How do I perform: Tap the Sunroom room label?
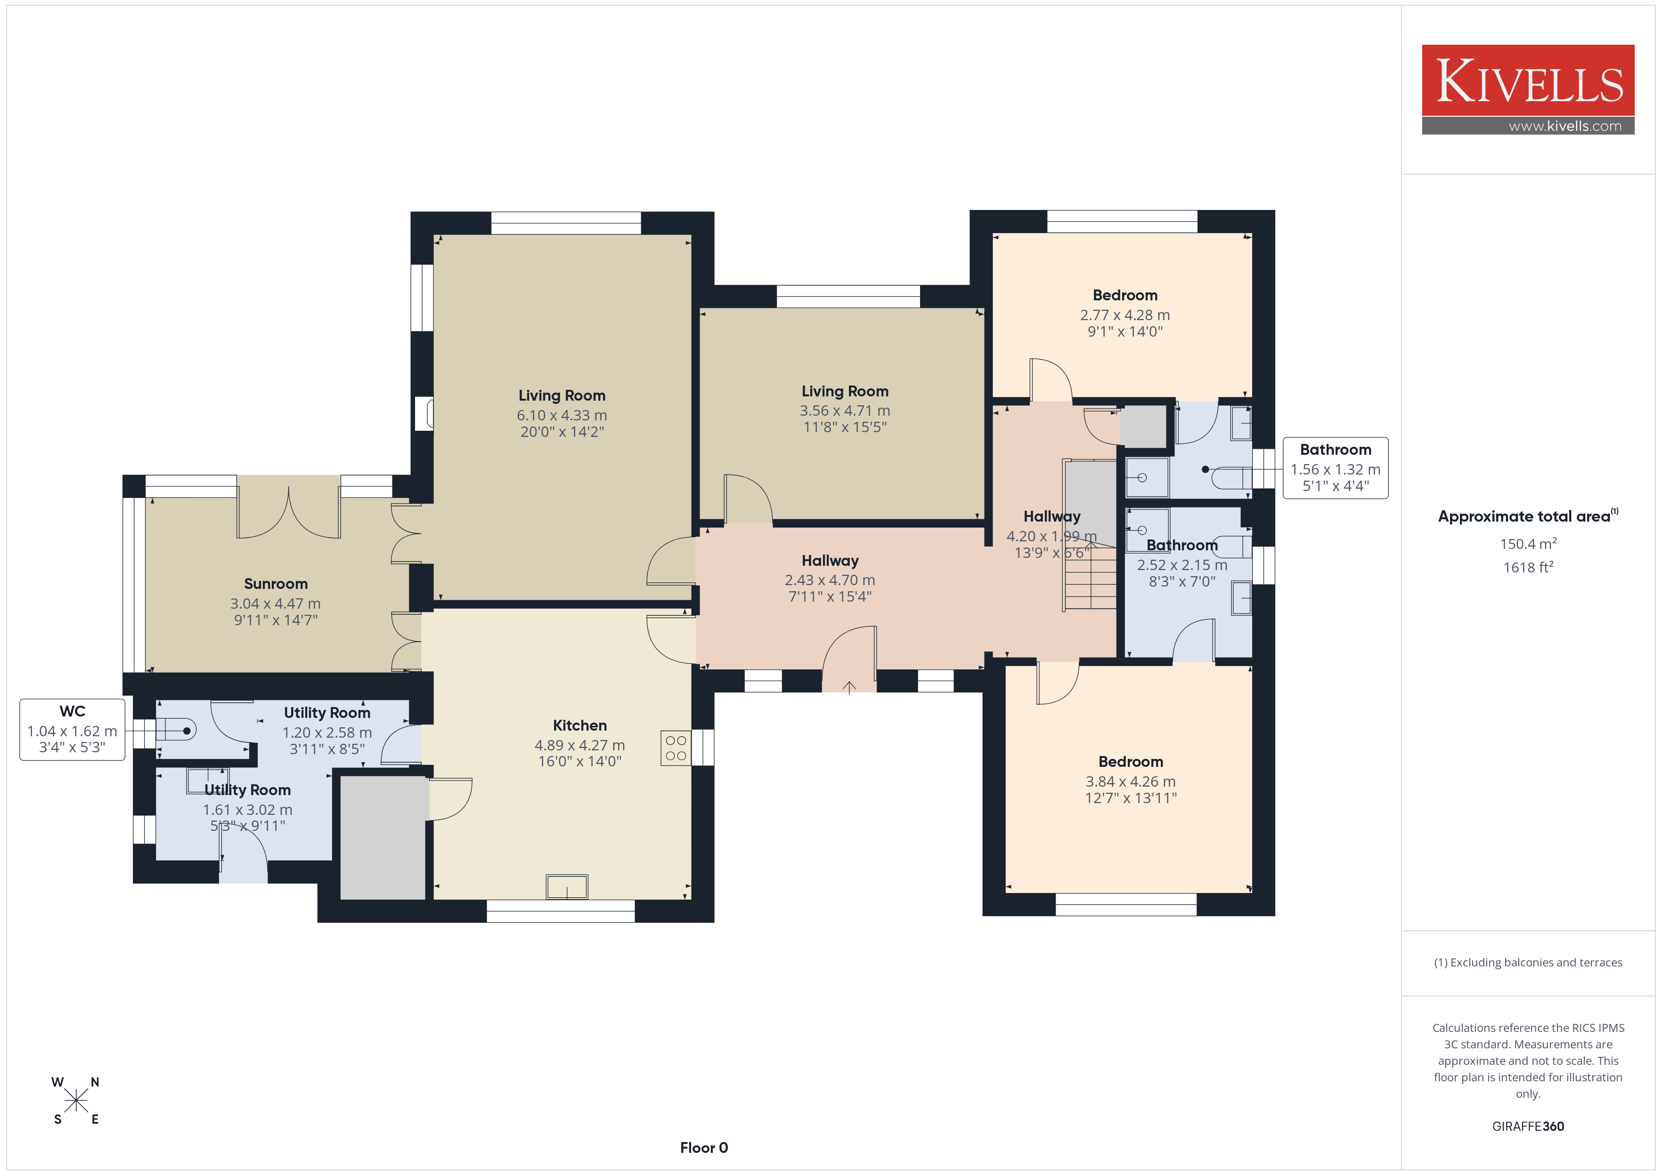[x=276, y=584]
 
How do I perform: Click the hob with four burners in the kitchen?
[x=676, y=748]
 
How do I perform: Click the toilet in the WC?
[x=176, y=731]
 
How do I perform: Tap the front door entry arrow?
[x=849, y=687]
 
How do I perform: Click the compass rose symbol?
[x=76, y=1101]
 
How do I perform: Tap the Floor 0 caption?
[x=704, y=1148]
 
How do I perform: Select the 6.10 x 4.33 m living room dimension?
[x=562, y=415]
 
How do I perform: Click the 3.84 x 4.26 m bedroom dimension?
[x=1130, y=781]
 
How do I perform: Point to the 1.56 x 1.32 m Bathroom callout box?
[x=1336, y=468]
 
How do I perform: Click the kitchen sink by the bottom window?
[x=567, y=886]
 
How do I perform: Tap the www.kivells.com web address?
[x=1565, y=126]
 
